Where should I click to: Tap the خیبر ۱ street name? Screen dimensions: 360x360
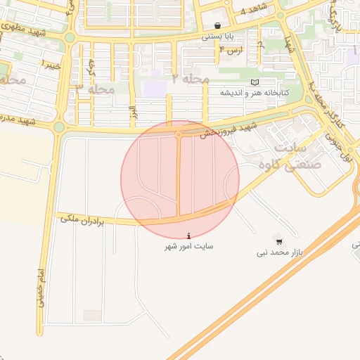tap(50, 65)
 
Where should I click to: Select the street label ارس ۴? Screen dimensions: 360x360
tap(231, 51)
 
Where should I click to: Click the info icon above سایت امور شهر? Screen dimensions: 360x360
tap(188, 236)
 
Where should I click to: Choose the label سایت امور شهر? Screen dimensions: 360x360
tap(188, 247)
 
